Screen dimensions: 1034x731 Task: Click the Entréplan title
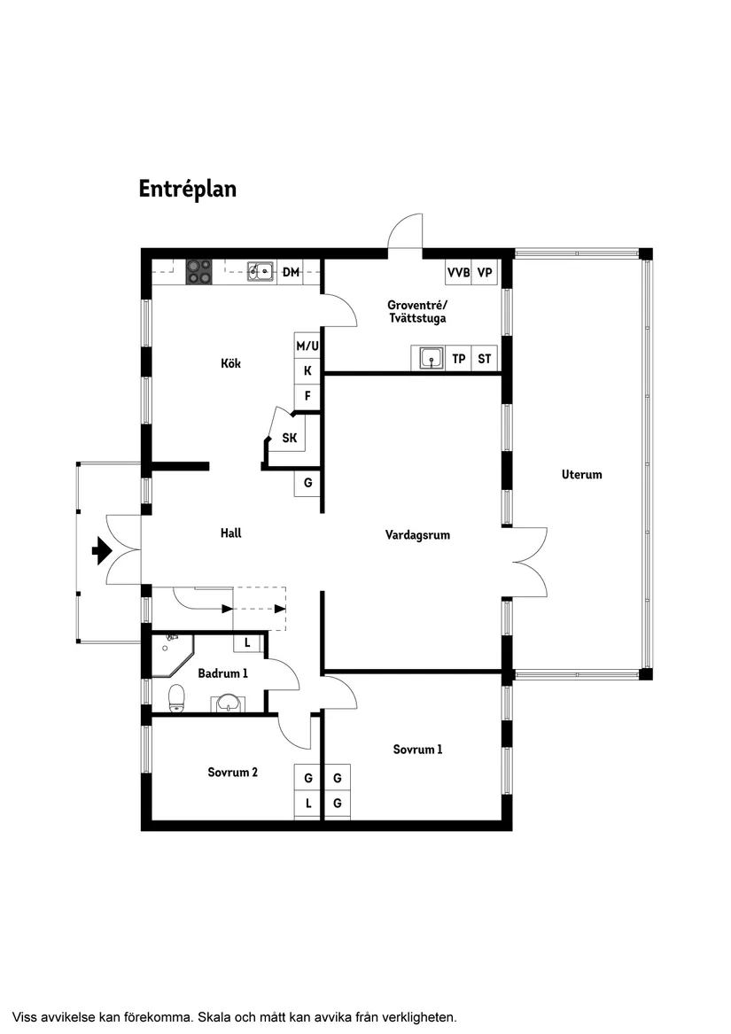(x=187, y=189)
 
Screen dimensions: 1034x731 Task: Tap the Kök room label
(x=231, y=363)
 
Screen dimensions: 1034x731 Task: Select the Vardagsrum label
(x=417, y=534)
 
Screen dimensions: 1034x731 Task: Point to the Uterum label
(x=581, y=474)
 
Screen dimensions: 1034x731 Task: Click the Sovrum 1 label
(x=417, y=750)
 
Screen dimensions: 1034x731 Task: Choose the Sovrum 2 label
(x=232, y=772)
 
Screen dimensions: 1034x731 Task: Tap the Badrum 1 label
(x=222, y=673)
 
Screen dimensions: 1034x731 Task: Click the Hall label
(x=230, y=533)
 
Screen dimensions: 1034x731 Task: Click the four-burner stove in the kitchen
(x=199, y=271)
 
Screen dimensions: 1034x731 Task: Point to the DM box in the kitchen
(x=291, y=272)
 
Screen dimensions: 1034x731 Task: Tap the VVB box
(x=458, y=272)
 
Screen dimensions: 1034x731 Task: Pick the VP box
(x=485, y=272)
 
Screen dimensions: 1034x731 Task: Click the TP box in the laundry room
(x=458, y=359)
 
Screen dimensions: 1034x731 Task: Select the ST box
(x=485, y=359)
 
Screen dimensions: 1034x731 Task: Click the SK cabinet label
(x=290, y=438)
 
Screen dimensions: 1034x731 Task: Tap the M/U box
(x=307, y=346)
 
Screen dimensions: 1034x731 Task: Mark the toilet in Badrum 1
(x=175, y=697)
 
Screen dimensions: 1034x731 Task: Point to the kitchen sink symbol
(x=260, y=271)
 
